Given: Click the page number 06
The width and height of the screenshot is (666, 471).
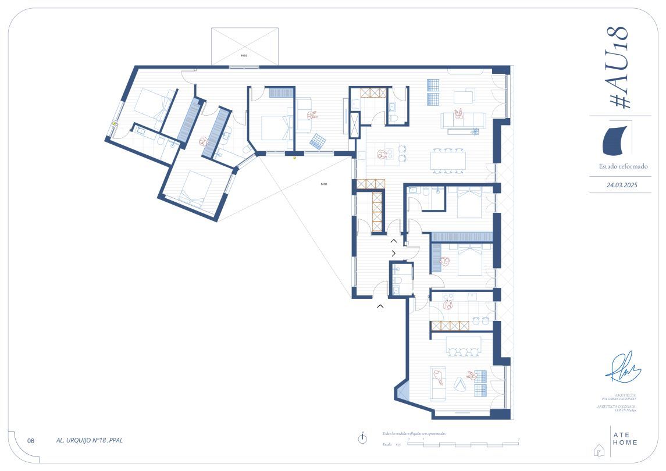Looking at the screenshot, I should click(31, 441).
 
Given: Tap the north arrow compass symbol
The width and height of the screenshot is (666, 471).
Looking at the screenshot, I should click(363, 438).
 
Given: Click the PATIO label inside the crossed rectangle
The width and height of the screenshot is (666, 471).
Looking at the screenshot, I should click(245, 55).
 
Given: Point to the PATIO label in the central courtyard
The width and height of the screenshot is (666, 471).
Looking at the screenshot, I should click(323, 184).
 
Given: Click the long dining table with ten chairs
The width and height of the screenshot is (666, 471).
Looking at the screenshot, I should click(448, 159).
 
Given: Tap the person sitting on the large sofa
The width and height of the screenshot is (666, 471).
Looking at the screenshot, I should click(460, 113).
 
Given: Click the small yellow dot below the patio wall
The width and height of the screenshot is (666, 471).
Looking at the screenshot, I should click(294, 158).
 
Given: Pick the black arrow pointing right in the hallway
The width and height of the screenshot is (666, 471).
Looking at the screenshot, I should click(394, 253).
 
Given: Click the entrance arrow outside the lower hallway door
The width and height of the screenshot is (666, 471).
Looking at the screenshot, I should click(380, 306).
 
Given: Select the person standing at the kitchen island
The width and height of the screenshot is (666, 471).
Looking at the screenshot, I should click(382, 155).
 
